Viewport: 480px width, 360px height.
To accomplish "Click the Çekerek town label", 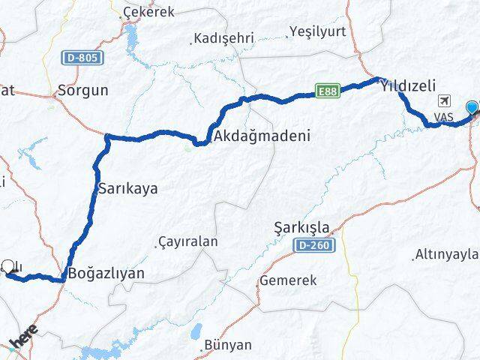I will [x=150, y=12].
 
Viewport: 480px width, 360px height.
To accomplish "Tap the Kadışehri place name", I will [x=223, y=37].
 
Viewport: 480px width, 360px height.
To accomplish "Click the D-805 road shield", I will [x=82, y=58].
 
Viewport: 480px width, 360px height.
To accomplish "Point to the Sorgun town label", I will [x=83, y=91].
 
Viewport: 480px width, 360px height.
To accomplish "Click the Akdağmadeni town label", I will [x=251, y=136].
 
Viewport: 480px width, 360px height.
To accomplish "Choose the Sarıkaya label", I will [x=128, y=188].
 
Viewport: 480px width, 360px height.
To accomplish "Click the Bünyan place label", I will [x=229, y=345].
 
